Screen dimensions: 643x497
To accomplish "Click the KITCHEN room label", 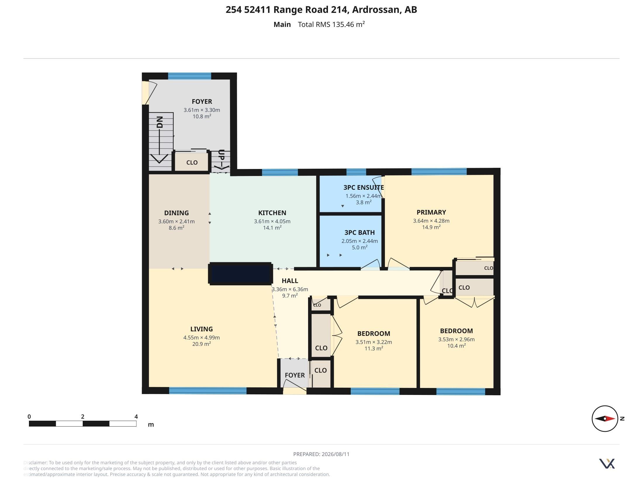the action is pyautogui.click(x=272, y=213).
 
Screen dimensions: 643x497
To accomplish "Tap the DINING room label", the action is pyautogui.click(x=176, y=213).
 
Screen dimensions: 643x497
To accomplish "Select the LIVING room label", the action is pyautogui.click(x=201, y=329).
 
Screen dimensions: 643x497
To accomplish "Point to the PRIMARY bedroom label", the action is pyautogui.click(x=431, y=212).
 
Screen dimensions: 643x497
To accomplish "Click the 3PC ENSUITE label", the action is pyautogui.click(x=364, y=188).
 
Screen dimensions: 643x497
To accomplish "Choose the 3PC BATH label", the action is pyautogui.click(x=359, y=233).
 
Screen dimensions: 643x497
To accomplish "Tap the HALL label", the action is pyautogui.click(x=290, y=281).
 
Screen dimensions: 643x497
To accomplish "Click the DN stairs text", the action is pyautogui.click(x=160, y=122).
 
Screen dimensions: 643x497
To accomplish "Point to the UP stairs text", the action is pyautogui.click(x=222, y=155).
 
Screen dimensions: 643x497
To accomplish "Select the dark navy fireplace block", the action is pyautogui.click(x=240, y=274).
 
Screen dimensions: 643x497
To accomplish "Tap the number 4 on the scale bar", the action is pyautogui.click(x=136, y=417).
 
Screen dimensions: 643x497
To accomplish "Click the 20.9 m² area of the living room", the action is pyautogui.click(x=201, y=344).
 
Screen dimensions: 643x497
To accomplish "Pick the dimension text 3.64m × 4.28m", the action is pyautogui.click(x=431, y=221).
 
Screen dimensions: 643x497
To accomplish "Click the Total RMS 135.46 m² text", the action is pyautogui.click(x=331, y=24).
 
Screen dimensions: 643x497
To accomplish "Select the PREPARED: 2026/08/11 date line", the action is pyautogui.click(x=321, y=454).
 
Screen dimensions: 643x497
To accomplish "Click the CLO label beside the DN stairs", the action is pyautogui.click(x=192, y=163).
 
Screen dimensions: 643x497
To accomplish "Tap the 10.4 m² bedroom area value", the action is pyautogui.click(x=456, y=346).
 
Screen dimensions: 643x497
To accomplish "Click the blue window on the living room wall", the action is pyautogui.click(x=208, y=391).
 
